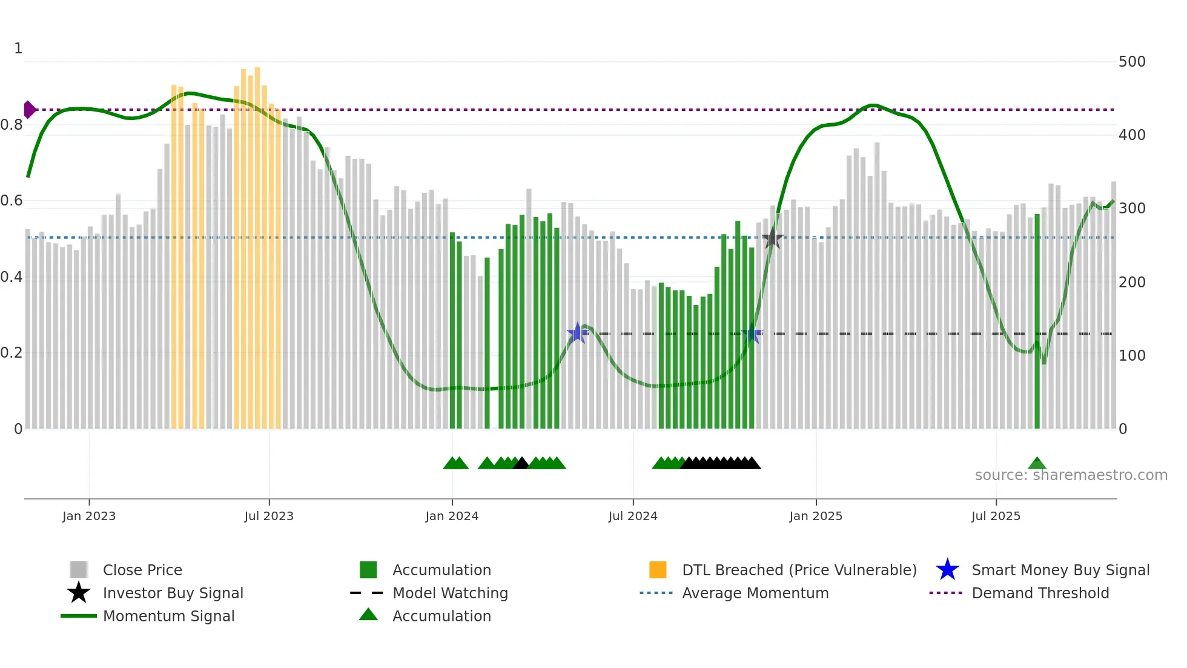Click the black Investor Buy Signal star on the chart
coord(772,238)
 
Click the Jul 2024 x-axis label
coord(633,516)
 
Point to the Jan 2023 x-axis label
coord(89,516)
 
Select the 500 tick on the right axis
coord(1132,62)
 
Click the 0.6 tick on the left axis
coord(12,201)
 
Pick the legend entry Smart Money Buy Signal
coord(1060,570)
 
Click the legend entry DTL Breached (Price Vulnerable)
coord(799,570)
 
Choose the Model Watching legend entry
coord(449,593)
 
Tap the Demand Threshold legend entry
coord(1040,593)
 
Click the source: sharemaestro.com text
coord(1071,475)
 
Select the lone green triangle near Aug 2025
coord(1037,463)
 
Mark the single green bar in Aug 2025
coord(1037,321)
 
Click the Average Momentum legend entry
coord(755,593)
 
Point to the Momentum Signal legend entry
coord(168,616)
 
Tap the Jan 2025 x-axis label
coord(816,516)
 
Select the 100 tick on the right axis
coord(1132,356)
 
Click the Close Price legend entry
coord(142,570)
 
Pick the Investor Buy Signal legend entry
coord(173,593)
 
